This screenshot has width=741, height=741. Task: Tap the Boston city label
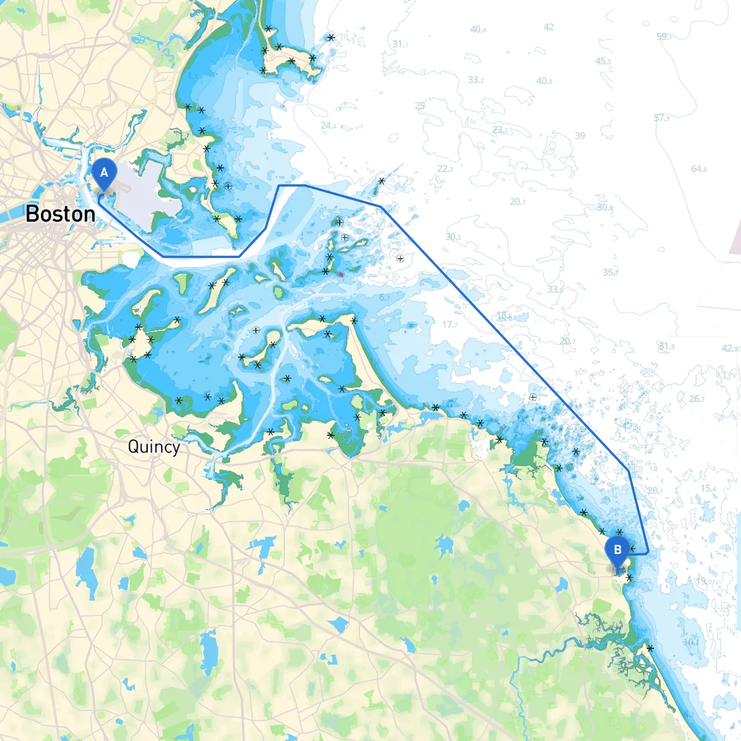pos(61,214)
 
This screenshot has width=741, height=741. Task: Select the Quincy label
pos(153,447)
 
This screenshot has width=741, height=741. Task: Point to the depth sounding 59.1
pos(664,36)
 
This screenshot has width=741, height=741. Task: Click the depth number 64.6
pos(699,169)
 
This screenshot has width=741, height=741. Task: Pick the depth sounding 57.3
pos(662,118)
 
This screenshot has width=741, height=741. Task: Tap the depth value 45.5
pos(604,61)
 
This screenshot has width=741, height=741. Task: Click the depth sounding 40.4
pos(478,29)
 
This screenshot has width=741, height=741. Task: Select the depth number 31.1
pos(400,44)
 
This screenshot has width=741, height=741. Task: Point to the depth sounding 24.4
pos(328,126)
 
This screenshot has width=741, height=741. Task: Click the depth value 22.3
pos(445,169)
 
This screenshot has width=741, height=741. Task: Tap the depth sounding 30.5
pos(453,237)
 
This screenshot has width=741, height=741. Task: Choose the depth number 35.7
pos(610,272)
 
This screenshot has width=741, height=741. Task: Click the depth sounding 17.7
pos(450,324)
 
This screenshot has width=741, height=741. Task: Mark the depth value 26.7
pos(697,399)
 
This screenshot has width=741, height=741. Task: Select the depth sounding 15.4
pos(708,488)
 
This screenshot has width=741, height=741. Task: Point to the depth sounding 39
pos(580,135)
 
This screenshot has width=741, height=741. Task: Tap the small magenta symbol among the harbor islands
pos(341,274)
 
